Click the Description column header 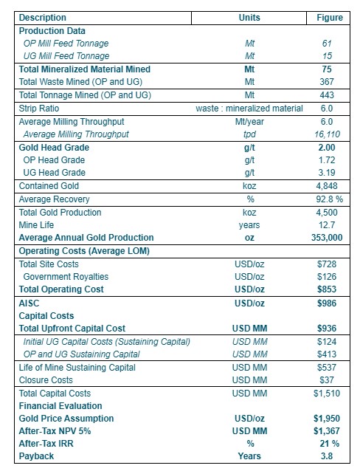point(43,18)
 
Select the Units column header point(249,18)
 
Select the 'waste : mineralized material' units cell point(249,108)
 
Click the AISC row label point(29,303)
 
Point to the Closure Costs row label point(46,379)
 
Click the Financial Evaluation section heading point(60,405)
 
